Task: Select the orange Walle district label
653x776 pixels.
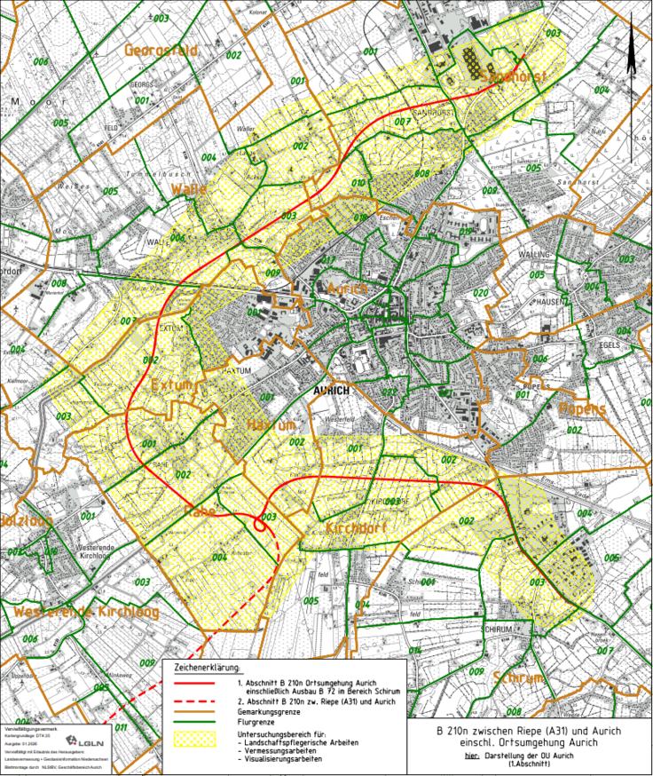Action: [x=190, y=190]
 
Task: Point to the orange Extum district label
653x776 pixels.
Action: [x=177, y=386]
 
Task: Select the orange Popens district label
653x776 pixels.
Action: [x=582, y=409]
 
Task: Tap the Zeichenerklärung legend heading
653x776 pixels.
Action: [x=203, y=667]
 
